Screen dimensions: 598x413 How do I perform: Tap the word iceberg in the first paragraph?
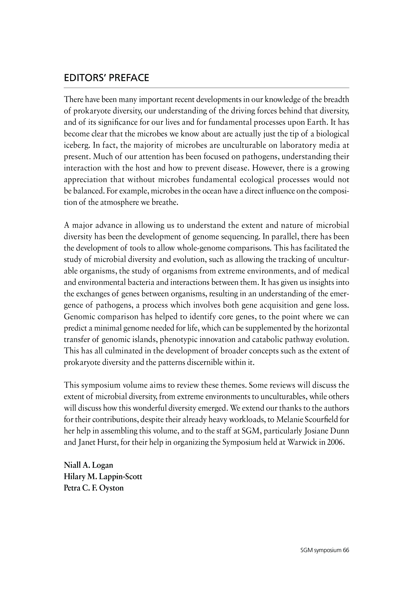point(77,145)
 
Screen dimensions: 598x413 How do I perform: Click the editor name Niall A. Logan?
point(89,465)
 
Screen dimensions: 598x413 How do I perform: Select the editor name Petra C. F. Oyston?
point(94,488)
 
